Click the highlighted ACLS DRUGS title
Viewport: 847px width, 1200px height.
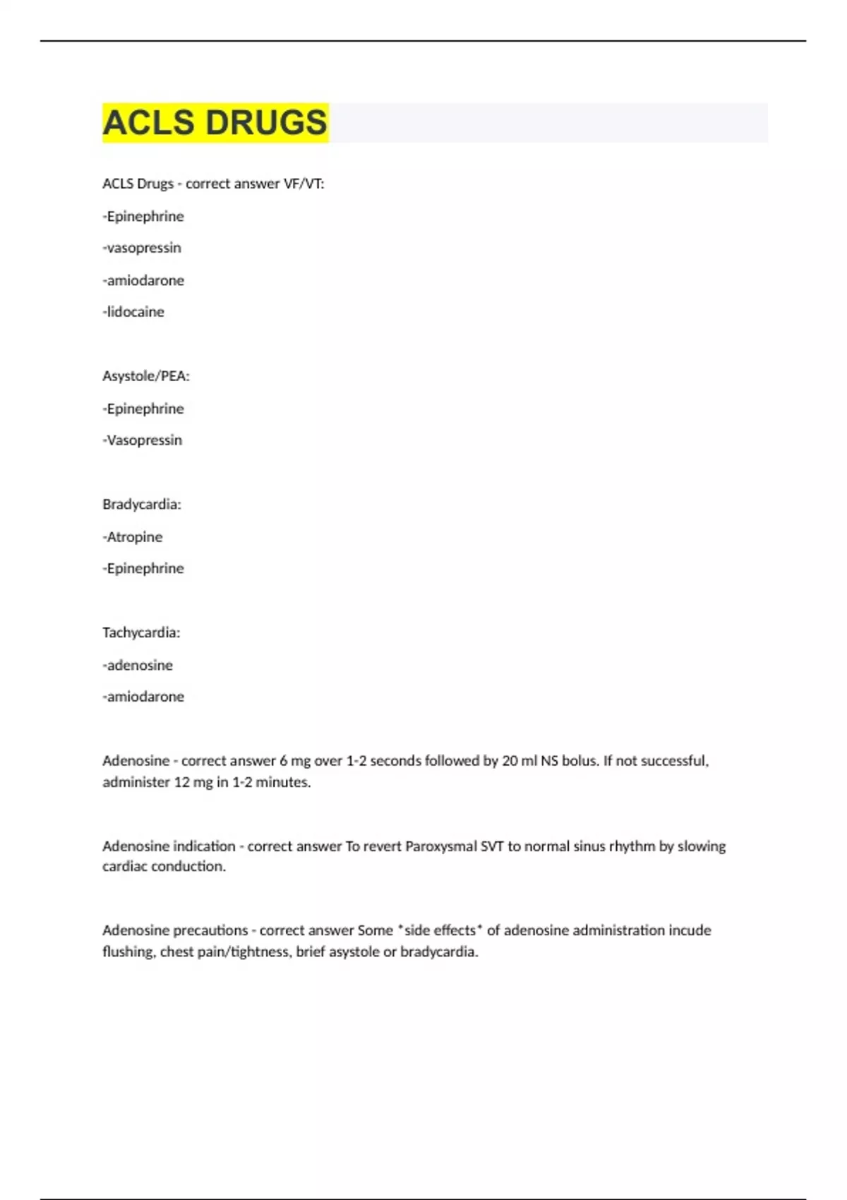coord(215,122)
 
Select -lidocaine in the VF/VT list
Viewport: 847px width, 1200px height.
coord(133,312)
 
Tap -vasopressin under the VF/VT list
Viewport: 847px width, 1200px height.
coord(142,248)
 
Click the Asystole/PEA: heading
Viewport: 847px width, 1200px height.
coord(146,376)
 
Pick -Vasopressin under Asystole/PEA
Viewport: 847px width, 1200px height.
coord(143,440)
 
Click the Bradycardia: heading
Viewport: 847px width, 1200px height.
coord(142,505)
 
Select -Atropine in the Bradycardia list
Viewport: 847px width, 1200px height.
coord(133,537)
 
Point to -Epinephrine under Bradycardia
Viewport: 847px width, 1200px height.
coord(143,568)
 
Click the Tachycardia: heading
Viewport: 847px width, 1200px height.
coord(141,632)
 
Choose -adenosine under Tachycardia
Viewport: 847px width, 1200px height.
coord(138,665)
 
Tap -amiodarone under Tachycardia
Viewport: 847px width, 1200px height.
coord(143,697)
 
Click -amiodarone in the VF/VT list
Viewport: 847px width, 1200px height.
coord(143,280)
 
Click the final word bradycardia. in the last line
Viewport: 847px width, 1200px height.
coord(439,952)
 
